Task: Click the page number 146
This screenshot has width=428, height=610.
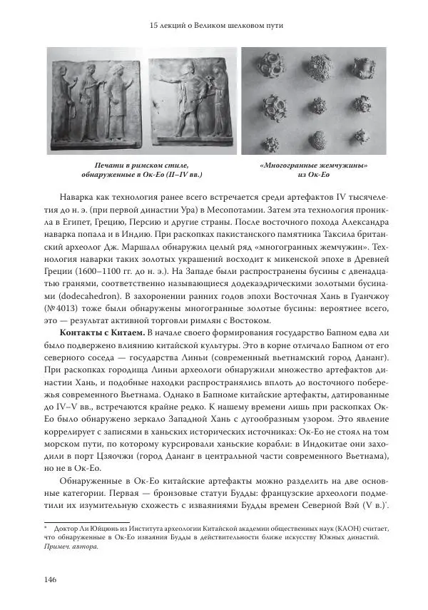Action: (49, 579)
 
